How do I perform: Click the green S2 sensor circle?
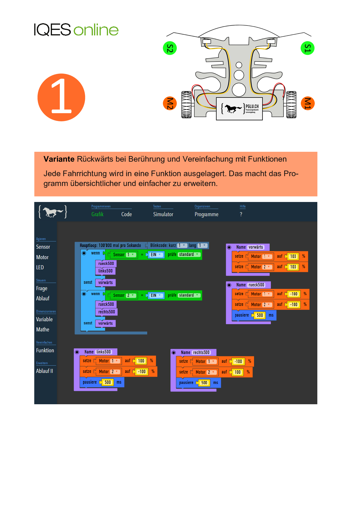coord(170,48)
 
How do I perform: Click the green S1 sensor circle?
coord(307,48)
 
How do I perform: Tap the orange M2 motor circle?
coord(170,103)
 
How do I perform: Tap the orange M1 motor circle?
coord(307,103)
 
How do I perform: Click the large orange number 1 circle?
coord(61,98)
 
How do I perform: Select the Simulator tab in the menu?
coord(163,214)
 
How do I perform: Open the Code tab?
coord(126,214)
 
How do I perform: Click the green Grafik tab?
coord(97,214)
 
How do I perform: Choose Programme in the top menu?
coord(206,214)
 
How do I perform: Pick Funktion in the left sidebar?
coord(45,351)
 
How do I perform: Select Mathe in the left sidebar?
coord(43,330)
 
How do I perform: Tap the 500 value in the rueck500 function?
coord(260,315)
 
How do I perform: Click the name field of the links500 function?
coord(104,352)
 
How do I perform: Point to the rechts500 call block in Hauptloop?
coord(107,312)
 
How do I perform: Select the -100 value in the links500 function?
coord(142,372)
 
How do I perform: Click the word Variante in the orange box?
coord(59,159)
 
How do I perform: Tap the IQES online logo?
coord(76,30)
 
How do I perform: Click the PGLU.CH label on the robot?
coord(252,107)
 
